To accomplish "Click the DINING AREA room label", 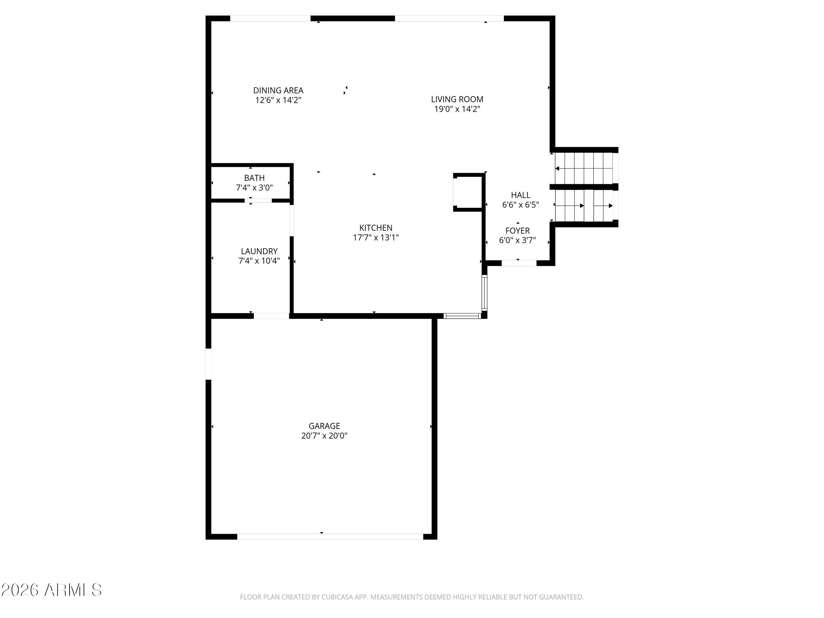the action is (278, 91).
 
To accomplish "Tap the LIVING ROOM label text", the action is (457, 100).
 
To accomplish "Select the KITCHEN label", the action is (376, 228).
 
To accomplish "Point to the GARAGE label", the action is (324, 426).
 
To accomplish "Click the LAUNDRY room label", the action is (259, 251).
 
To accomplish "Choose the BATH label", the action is (254, 178).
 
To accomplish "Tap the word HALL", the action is (520, 195).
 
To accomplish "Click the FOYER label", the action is (517, 231).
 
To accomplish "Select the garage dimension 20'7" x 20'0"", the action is (324, 435).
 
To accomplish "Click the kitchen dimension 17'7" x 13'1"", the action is (376, 238).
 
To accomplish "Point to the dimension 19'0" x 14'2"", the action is (457, 109).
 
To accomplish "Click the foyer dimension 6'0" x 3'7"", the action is (517, 240).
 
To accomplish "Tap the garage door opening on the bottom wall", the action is (330, 536).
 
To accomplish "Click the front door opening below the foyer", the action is (519, 263).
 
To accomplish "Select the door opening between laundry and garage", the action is (272, 316).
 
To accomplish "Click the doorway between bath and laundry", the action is (258, 201).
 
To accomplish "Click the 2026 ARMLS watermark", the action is (51, 590).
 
